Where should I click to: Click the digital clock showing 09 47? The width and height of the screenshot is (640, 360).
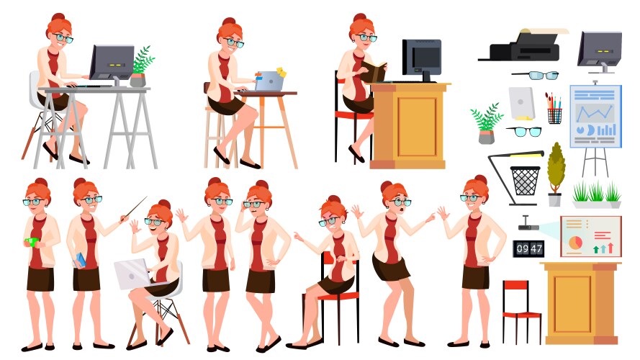528,248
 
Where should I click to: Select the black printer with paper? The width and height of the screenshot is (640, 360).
523,45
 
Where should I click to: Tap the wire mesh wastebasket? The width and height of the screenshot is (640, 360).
525,181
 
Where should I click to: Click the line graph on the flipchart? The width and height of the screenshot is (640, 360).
595,112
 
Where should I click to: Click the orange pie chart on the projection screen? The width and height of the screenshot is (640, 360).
575,243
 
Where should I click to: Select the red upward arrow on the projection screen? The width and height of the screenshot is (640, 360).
610,248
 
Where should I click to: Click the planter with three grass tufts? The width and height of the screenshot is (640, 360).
596,196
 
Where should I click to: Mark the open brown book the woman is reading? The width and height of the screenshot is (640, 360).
373,72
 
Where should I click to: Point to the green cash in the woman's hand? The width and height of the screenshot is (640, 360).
32,242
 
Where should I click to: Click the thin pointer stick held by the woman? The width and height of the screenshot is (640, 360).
135,208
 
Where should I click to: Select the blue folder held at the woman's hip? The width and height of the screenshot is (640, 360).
80,260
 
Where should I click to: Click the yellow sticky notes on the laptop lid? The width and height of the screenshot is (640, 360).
281,72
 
